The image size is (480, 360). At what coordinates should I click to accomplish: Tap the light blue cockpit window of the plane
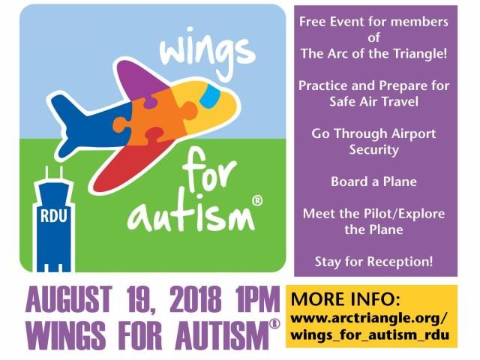tap(211, 94)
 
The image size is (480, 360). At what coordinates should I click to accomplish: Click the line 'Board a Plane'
tap(373, 181)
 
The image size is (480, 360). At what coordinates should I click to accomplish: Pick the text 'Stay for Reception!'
tap(373, 262)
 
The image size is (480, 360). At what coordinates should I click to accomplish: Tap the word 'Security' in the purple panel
tap(373, 150)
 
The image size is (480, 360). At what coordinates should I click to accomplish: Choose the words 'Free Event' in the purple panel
tap(331, 22)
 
